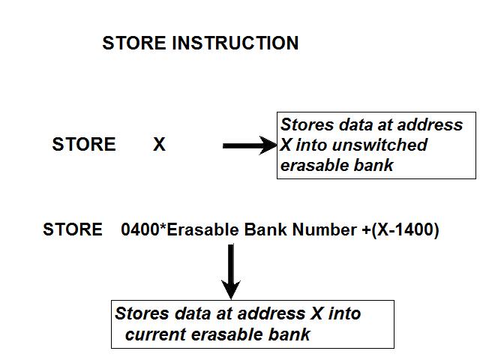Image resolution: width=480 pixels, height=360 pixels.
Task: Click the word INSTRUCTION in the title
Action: click(235, 43)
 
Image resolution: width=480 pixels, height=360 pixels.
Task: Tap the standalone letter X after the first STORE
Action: click(159, 145)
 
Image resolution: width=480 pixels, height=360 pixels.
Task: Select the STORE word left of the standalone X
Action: click(84, 145)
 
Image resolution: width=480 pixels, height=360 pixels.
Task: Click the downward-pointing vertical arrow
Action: click(232, 270)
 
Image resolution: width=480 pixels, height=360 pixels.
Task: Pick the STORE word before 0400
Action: click(73, 230)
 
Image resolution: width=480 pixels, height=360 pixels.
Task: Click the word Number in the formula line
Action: click(324, 230)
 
